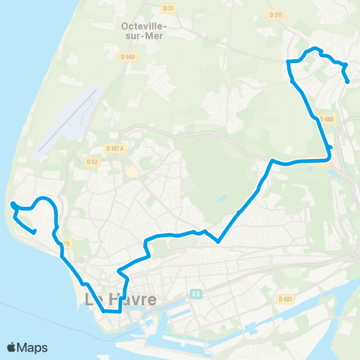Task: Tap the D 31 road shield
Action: pyautogui.click(x=168, y=8)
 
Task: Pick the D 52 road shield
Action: pyautogui.click(x=92, y=161)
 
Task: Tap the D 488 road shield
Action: pyautogui.click(x=326, y=118)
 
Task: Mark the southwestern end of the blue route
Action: pyautogui.click(x=35, y=232)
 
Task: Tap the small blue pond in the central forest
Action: pyautogui.click(x=223, y=199)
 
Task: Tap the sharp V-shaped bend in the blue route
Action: pyautogui.click(x=217, y=241)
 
